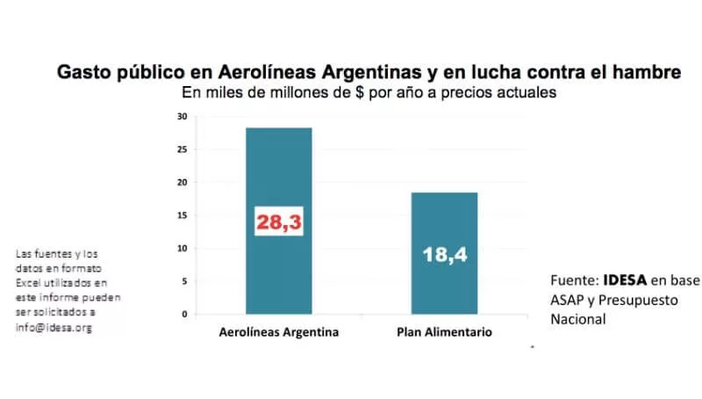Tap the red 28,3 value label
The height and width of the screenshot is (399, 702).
(278, 223)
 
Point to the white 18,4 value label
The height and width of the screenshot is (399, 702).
(444, 256)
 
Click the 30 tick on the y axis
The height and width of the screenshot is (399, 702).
(182, 117)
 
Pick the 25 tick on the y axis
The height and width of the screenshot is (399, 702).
(182, 149)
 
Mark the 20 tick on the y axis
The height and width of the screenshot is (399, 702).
(182, 183)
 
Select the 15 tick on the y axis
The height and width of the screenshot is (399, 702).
(182, 215)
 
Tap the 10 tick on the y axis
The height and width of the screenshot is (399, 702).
(182, 249)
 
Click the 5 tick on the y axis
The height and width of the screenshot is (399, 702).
(183, 281)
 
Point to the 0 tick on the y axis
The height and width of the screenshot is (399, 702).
(183, 314)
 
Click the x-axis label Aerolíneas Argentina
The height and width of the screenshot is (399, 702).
(278, 333)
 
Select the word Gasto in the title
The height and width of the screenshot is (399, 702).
(83, 73)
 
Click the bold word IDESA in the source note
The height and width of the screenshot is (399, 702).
(626, 281)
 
